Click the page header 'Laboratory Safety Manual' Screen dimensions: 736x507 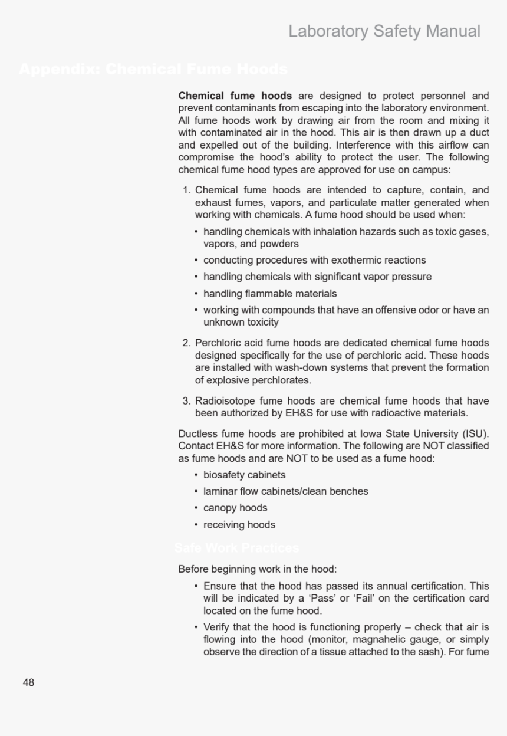click(x=384, y=31)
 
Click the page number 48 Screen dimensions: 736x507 click(x=28, y=682)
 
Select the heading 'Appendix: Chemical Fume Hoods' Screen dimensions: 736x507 click(x=153, y=70)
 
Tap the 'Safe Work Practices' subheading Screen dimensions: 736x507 click(x=236, y=548)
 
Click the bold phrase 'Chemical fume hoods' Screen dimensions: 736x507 click(x=235, y=96)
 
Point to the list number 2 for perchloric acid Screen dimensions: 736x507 click(x=186, y=343)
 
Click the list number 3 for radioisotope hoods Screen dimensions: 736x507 click(x=186, y=400)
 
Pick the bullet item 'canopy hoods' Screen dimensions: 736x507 click(x=235, y=508)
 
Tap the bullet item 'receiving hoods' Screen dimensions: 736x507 click(x=239, y=524)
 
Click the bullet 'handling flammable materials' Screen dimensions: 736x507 click(x=270, y=293)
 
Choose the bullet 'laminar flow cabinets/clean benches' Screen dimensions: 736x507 click(x=285, y=491)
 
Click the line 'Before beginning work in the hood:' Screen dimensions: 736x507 click(x=257, y=569)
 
